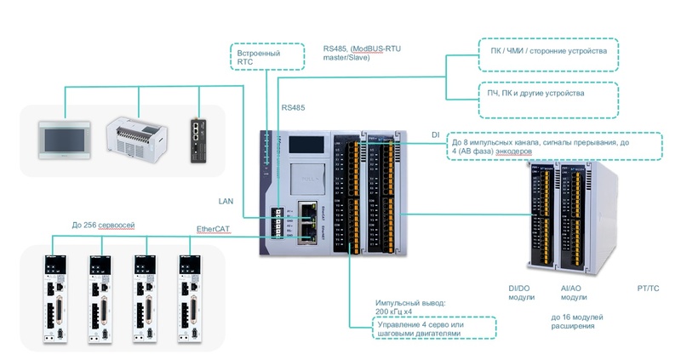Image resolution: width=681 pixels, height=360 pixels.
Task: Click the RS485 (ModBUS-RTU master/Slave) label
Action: (361, 56)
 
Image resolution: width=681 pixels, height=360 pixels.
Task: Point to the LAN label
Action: (227, 202)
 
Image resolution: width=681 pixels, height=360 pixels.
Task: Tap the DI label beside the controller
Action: (436, 134)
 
